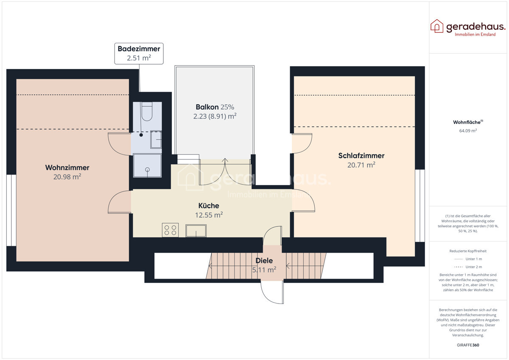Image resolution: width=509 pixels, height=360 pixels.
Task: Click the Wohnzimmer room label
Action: point(67,168)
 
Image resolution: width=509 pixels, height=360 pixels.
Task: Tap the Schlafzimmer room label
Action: point(361,155)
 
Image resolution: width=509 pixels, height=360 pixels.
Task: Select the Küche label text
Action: point(209,205)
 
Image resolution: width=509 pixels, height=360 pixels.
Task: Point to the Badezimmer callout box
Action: point(139,53)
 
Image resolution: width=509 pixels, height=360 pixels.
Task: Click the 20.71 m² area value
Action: point(361,165)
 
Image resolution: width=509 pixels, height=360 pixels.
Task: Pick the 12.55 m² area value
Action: point(209,215)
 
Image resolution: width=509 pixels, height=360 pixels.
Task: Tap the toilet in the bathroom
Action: point(147,111)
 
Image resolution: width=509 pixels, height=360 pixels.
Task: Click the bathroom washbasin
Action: point(156,139)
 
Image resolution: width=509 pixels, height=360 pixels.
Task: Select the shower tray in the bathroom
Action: point(147,165)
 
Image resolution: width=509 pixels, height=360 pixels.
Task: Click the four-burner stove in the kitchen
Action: point(170,230)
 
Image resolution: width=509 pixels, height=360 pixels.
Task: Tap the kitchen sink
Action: point(196,231)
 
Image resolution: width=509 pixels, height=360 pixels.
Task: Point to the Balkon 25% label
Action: point(215,107)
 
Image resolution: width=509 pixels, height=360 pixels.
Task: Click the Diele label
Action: point(264,261)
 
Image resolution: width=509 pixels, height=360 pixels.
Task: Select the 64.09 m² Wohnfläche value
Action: point(468,131)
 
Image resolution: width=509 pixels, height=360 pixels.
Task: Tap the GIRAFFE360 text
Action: point(468,345)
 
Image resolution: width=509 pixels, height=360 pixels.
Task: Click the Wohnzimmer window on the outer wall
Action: point(11,210)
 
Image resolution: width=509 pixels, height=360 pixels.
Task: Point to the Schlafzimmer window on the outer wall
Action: point(420,205)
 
